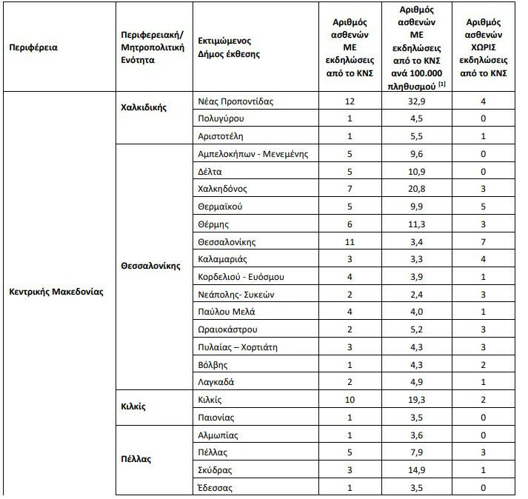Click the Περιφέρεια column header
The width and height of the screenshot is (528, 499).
tap(33, 47)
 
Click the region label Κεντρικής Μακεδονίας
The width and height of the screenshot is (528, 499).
tap(56, 291)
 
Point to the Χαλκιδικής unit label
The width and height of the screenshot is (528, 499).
tap(144, 107)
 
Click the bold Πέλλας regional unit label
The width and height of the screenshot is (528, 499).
tap(136, 458)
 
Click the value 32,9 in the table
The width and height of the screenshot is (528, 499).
tap(415, 101)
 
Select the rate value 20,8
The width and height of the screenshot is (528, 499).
tap(415, 188)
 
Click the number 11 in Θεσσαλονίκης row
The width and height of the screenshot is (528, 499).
tap(350, 241)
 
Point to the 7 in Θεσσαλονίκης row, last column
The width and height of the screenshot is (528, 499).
tap(482, 241)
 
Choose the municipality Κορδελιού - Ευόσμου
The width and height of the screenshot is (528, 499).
tap(241, 277)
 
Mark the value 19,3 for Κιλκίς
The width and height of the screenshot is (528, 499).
tap(415, 400)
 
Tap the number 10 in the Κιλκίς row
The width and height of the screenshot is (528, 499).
tap(350, 400)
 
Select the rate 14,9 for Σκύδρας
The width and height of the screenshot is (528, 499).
tap(415, 469)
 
